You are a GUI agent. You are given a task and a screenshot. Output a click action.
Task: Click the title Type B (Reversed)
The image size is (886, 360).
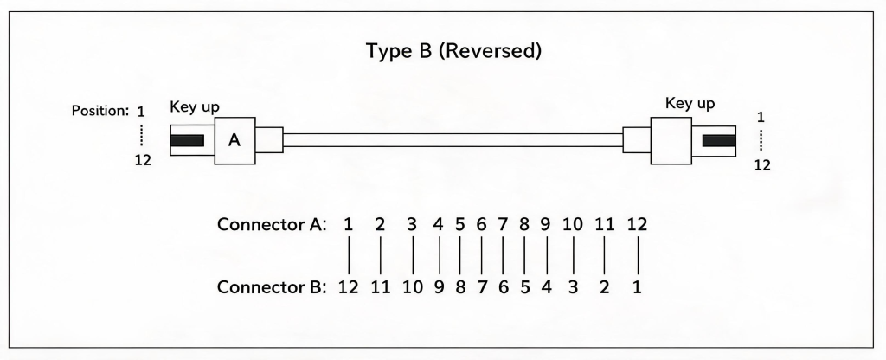(x=453, y=51)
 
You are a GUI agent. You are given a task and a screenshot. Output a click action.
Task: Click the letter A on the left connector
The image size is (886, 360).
(x=234, y=140)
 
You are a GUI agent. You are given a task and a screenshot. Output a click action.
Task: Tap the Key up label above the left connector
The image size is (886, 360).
(x=195, y=107)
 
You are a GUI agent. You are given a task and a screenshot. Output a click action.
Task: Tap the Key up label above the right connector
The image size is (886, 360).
(x=690, y=104)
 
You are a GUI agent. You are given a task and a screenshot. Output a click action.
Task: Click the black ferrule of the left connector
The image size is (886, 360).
(x=187, y=141)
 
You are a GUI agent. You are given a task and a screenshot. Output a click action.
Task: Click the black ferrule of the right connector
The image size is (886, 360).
(x=719, y=141)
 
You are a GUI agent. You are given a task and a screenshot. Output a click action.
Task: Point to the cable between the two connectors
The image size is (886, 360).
(x=453, y=140)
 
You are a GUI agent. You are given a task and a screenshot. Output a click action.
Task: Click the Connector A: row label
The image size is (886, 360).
(x=272, y=224)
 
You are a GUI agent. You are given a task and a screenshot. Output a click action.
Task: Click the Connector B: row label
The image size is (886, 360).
(x=272, y=287)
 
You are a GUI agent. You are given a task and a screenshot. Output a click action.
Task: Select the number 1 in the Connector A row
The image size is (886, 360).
(x=348, y=224)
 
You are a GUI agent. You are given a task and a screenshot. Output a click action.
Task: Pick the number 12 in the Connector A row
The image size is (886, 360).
(x=638, y=224)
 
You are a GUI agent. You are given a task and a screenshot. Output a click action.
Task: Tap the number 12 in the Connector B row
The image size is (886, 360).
(x=348, y=287)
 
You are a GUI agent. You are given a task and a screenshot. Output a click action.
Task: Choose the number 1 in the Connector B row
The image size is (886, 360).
(x=638, y=287)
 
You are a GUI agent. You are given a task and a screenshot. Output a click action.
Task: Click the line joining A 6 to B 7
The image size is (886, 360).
(x=481, y=256)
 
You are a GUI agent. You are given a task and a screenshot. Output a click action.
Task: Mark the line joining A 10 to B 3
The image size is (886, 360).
(x=574, y=256)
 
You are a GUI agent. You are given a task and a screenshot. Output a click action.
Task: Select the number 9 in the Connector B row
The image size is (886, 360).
(x=439, y=287)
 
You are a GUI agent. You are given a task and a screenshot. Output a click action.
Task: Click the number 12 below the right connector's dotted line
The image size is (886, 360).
(x=762, y=165)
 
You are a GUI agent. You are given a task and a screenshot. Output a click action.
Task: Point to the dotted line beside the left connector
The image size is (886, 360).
(x=141, y=136)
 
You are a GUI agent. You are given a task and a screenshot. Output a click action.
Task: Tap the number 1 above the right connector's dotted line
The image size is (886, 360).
(x=761, y=118)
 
